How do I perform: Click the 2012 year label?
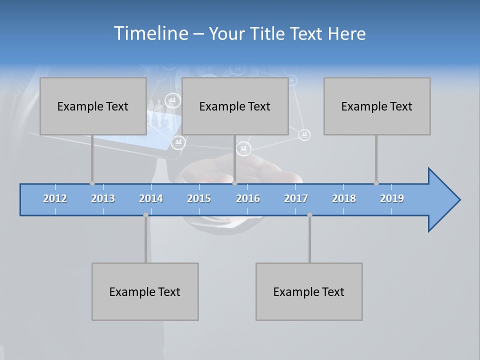click(55, 198)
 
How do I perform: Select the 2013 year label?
click(103, 198)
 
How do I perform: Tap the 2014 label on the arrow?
click(151, 198)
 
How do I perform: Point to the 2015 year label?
click(199, 198)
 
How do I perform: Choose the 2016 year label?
click(248, 198)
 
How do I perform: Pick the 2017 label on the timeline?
click(296, 198)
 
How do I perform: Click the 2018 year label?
click(344, 198)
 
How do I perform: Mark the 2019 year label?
click(392, 198)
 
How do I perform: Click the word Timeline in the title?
click(150, 33)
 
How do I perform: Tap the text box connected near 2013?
click(93, 106)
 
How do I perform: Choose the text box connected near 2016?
click(235, 106)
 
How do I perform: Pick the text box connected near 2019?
click(377, 106)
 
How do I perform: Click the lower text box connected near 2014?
click(145, 291)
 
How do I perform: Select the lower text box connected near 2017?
click(309, 291)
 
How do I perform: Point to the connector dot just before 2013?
click(92, 183)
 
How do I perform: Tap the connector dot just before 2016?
click(235, 183)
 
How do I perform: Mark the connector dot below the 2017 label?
click(309, 215)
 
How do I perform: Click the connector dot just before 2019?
click(376, 183)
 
